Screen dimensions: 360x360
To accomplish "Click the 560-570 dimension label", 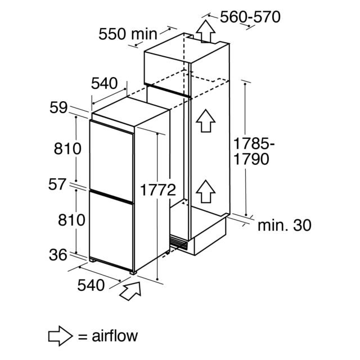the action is pos(250,17).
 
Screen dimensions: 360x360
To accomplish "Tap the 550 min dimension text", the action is pos(128,34).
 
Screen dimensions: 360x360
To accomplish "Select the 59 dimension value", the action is pos(58,107).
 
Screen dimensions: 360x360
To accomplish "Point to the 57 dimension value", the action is pos(57,184).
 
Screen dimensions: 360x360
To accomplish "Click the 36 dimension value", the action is pos(58,255).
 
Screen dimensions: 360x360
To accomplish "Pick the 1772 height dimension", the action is pos(157,190).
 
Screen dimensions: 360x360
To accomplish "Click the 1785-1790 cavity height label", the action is pos(254,151).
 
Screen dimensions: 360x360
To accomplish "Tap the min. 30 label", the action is pos(285,225).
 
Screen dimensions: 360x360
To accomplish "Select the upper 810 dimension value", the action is pos(67,148).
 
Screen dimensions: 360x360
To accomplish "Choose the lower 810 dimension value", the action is pos(71,220).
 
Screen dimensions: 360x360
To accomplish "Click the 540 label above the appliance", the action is pos(105,83).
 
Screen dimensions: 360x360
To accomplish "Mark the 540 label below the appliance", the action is pos(91,285).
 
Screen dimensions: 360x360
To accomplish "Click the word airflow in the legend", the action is pos(115,336).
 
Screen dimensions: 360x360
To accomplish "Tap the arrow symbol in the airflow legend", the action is pos(61,336).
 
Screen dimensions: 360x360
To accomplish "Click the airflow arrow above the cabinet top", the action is pos(205,31).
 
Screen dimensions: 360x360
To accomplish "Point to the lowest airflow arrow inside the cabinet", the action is pos(205,191).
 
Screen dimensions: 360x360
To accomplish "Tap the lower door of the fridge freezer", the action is pos(111,231).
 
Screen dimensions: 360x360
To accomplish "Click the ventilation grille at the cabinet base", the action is pos(179,242).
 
